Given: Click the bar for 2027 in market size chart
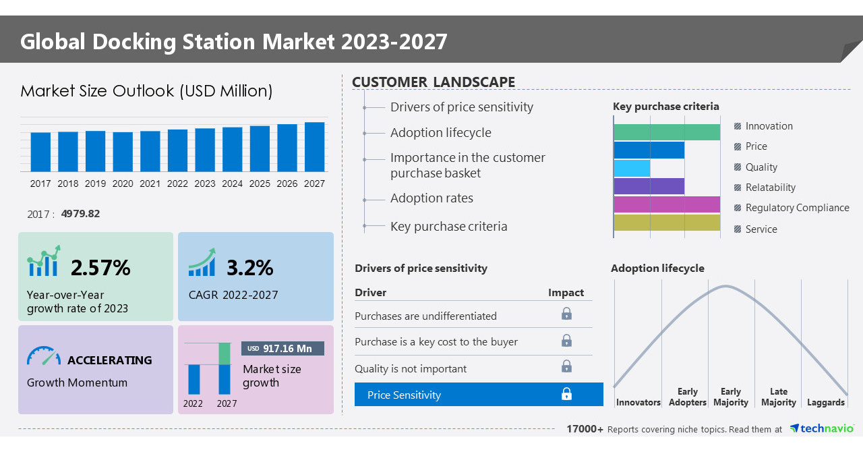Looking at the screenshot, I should [x=314, y=147].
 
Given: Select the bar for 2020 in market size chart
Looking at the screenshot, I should [x=123, y=152].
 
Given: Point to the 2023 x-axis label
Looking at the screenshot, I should [x=205, y=183].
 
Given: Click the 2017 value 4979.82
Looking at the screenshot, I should [x=80, y=214].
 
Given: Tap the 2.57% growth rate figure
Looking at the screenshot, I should [x=100, y=268].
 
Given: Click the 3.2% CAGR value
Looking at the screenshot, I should [x=249, y=268].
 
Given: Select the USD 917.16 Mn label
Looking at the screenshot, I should [x=282, y=349].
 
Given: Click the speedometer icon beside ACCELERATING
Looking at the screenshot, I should [x=44, y=357].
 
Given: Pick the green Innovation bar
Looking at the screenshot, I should [x=666, y=132].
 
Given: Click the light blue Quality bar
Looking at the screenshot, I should [x=632, y=168].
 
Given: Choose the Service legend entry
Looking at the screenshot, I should [x=761, y=229].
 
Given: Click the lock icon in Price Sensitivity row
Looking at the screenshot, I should [x=566, y=395].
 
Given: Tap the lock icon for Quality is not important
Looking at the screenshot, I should [x=566, y=366].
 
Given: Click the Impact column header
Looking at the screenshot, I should [x=566, y=293].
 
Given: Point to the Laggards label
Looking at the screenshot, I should [x=825, y=403].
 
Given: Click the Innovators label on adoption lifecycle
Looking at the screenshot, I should [x=638, y=403].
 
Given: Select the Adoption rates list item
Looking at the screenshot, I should [x=431, y=198].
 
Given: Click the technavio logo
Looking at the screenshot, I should [x=821, y=429].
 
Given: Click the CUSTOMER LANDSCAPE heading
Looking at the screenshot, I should [x=434, y=82].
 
